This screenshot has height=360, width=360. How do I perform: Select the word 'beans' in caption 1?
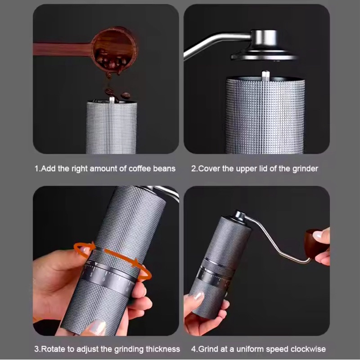tap(164, 169)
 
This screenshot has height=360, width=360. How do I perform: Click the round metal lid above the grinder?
tap(264, 46)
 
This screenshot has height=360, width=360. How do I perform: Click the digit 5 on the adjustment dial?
tap(91, 274)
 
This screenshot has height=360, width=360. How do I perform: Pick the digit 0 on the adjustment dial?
tap(104, 279)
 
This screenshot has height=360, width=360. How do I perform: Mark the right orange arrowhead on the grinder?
tap(137, 263)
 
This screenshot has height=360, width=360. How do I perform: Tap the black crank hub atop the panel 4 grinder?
tap(239, 217)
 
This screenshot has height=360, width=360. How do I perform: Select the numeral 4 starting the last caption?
tap(193, 349)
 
